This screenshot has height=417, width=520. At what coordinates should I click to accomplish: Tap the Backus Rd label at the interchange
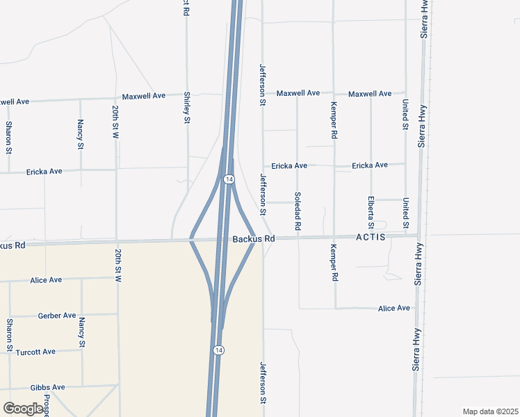[254, 238]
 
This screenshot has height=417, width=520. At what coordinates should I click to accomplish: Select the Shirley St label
[187, 108]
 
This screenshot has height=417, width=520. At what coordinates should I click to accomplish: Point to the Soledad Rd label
[298, 211]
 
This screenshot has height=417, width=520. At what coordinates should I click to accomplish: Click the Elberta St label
[371, 213]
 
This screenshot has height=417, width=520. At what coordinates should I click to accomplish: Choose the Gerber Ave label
[57, 316]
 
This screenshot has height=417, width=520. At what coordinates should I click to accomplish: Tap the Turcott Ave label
[35, 352]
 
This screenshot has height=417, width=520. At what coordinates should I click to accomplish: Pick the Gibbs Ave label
[47, 387]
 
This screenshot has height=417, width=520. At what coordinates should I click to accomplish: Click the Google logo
[23, 409]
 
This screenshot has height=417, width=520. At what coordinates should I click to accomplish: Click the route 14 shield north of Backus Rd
[228, 179]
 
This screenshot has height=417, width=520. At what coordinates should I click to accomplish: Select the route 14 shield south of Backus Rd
[218, 349]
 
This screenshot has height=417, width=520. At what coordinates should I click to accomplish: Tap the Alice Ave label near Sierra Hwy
[394, 308]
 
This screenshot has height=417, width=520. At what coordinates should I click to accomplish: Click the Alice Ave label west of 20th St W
[46, 280]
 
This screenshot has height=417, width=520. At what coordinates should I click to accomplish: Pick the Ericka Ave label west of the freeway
[44, 171]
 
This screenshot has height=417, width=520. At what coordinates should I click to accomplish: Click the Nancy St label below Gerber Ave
[82, 332]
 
